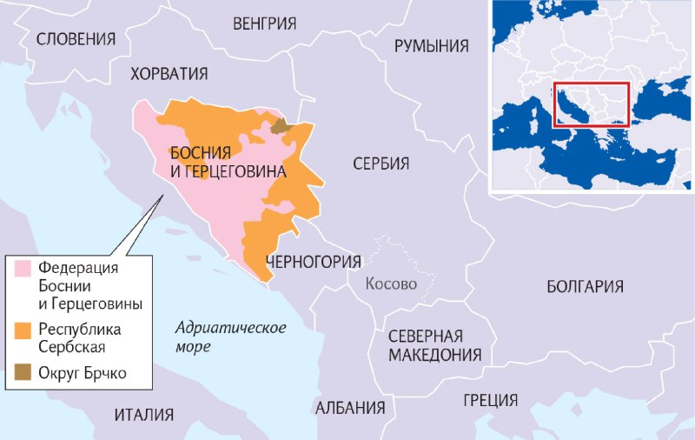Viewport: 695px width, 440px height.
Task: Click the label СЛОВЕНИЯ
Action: (x=76, y=38)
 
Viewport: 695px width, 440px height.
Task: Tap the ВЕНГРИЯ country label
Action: (x=264, y=23)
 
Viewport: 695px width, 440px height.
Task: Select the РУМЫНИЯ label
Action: (x=432, y=46)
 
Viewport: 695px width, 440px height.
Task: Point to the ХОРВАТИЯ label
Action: (x=169, y=74)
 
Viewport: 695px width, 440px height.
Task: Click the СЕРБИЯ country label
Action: (x=381, y=163)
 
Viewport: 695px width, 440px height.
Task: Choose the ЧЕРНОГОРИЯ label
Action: (x=313, y=261)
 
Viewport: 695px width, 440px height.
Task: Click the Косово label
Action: (x=391, y=283)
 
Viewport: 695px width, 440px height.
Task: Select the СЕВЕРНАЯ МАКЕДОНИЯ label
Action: (x=434, y=345)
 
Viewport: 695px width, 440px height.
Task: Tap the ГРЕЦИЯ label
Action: (x=490, y=400)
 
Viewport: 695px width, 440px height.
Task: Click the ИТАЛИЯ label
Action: (x=143, y=415)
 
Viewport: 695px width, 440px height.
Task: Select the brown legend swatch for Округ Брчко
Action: (x=23, y=373)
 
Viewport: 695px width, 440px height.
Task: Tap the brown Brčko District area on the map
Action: (x=280, y=127)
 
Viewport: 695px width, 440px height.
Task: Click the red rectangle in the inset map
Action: (x=591, y=103)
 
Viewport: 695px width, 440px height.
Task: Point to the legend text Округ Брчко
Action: (x=83, y=373)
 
